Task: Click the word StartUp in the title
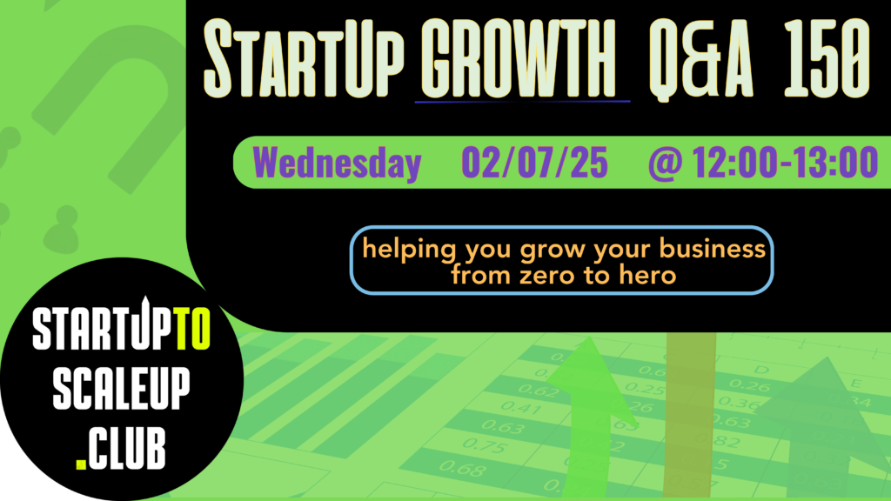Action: coord(304,58)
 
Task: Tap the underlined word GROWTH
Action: coord(519,58)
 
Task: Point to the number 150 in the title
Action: coord(827,58)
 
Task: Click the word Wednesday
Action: coord(337,163)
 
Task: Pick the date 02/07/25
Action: coord(535,163)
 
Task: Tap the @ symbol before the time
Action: coord(665,164)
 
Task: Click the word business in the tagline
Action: coord(713,249)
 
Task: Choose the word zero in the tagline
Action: coord(546,276)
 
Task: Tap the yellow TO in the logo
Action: coord(192,328)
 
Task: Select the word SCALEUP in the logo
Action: coord(122,389)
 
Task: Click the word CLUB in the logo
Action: coord(127,448)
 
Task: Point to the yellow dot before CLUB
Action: coord(81,464)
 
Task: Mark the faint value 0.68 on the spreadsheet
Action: coord(462,469)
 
